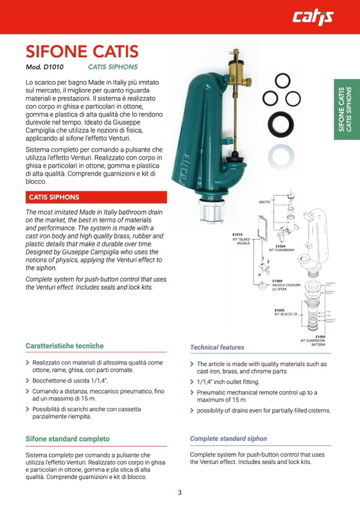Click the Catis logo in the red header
(313, 18)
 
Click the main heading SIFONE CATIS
(82, 52)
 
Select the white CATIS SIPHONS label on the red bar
(54, 197)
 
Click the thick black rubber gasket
(280, 124)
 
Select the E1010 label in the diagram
(237, 235)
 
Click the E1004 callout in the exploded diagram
(281, 246)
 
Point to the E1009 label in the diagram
(277, 281)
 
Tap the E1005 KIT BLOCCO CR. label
(286, 312)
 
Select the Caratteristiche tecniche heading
(65, 346)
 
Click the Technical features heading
(217, 347)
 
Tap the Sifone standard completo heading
(67, 439)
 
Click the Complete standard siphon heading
(228, 439)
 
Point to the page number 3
(179, 493)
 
